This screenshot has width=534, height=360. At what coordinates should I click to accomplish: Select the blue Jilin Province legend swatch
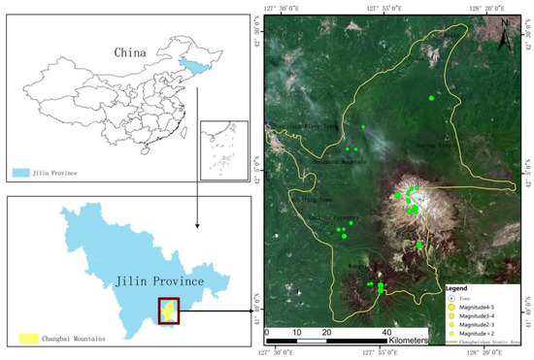coord(25,173)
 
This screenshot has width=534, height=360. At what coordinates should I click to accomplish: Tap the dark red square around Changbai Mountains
coord(169,310)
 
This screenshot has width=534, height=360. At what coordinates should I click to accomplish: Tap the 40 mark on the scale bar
coord(384,331)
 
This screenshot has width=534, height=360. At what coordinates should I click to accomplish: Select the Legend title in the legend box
coord(458,289)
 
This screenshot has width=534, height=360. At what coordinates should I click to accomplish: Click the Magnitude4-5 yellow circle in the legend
coord(452,308)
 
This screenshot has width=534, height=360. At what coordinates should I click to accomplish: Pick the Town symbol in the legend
coord(452,299)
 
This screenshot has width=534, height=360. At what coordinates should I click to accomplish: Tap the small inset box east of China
coord(224,149)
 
